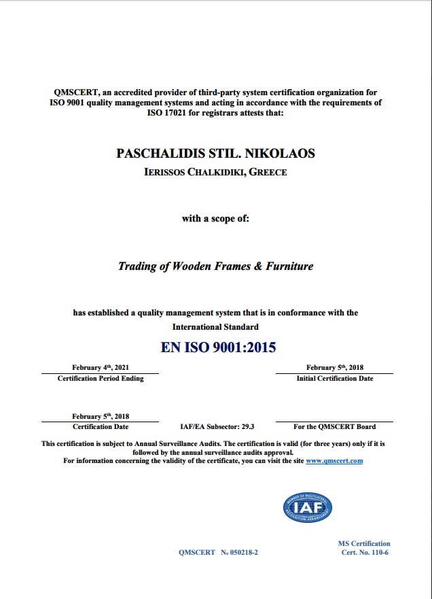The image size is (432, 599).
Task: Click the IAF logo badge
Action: tap(307, 507)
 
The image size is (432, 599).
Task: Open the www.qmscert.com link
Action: tap(334, 461)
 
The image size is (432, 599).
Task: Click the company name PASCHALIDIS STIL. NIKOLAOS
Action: tap(216, 154)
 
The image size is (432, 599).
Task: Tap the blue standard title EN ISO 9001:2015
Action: tap(218, 347)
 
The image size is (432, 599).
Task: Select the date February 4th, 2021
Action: tap(100, 367)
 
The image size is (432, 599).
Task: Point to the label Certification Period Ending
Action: tap(101, 379)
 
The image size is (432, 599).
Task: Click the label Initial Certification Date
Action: tap(334, 379)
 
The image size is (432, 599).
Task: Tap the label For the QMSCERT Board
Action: tap(334, 427)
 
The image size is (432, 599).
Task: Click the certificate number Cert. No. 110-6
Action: tap(365, 552)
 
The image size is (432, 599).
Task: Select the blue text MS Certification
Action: tap(364, 543)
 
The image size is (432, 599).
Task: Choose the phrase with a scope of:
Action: tap(215, 219)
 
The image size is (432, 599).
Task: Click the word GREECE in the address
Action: tap(268, 172)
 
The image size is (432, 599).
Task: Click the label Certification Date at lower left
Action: tap(101, 427)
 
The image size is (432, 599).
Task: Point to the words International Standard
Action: tap(215, 327)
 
